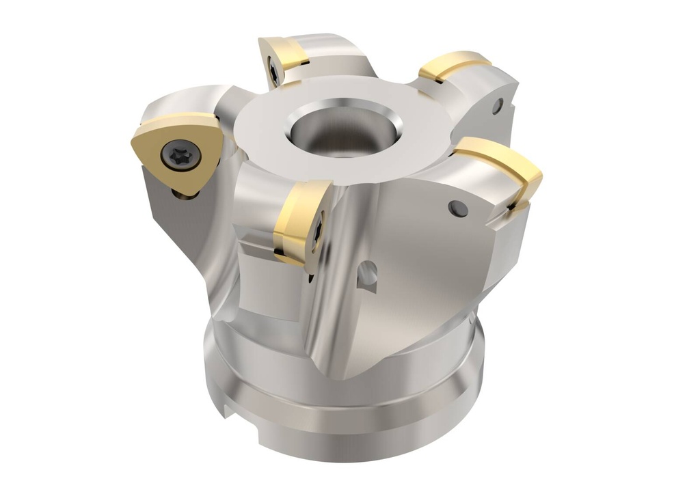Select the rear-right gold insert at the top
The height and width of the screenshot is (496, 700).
tap(454, 65)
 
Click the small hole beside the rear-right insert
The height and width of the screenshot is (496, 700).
tap(498, 105)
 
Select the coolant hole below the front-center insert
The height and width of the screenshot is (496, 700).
tap(366, 273)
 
